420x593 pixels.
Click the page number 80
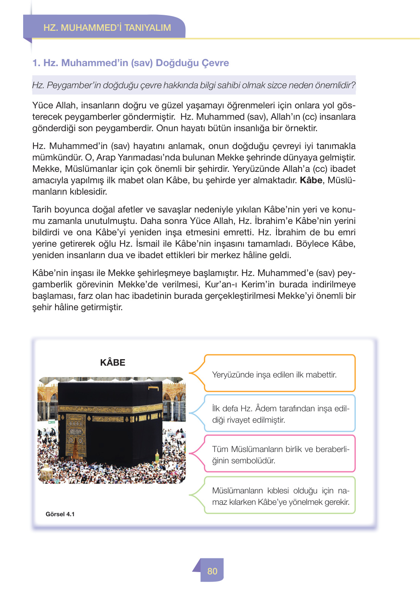(212, 571)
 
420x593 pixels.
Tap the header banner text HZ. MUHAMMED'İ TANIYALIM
(107, 28)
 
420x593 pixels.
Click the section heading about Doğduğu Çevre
(131, 63)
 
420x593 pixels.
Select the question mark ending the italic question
(353, 85)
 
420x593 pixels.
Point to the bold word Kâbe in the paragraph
(311, 180)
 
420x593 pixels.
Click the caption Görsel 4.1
(60, 514)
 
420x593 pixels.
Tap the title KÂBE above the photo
(112, 363)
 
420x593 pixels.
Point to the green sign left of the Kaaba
(52, 422)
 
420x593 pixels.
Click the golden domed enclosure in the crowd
(47, 472)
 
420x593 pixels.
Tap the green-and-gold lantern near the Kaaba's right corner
(157, 455)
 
